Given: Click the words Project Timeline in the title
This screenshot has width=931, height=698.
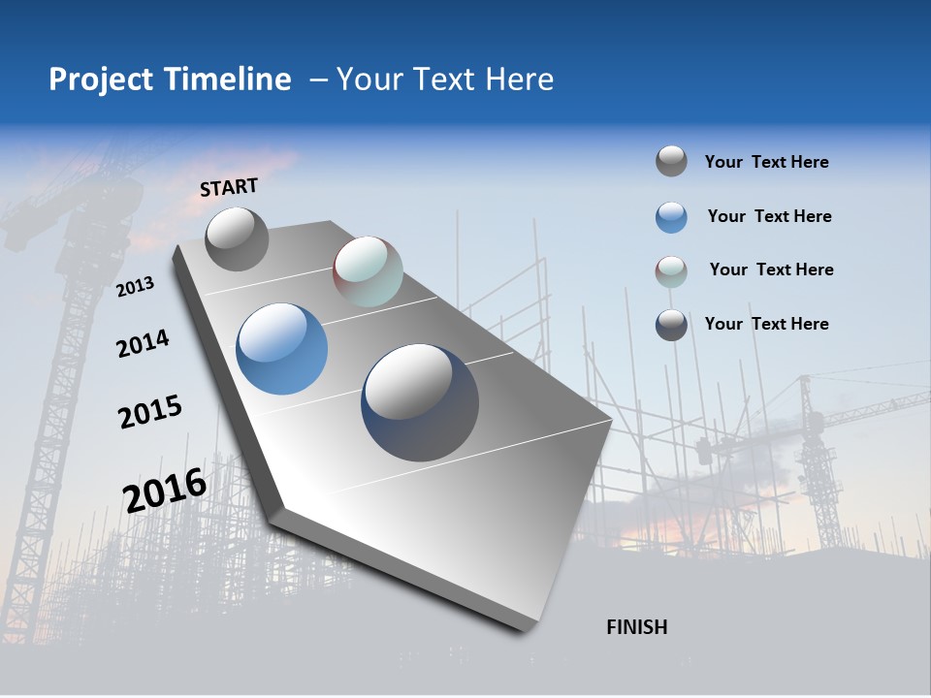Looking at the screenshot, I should click(170, 79).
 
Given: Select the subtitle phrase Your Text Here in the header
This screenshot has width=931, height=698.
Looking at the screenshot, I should click(444, 79).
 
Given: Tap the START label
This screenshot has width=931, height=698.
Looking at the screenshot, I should click(229, 187).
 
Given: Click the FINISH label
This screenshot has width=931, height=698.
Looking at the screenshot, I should click(636, 627).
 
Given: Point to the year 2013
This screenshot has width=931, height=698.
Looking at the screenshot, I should click(135, 286).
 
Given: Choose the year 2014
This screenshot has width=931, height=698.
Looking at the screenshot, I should click(143, 343).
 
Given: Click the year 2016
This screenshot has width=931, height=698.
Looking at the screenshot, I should click(164, 490).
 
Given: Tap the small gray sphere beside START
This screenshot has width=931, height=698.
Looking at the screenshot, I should click(237, 238).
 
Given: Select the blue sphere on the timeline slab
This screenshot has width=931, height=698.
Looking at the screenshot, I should click(281, 348).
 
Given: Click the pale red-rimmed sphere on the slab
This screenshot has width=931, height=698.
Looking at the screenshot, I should click(368, 271).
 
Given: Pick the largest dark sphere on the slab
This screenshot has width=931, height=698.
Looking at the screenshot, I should click(420, 402).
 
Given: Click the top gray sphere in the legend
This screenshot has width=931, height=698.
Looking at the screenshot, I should click(671, 161).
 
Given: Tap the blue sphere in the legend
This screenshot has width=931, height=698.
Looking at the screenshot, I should click(671, 217).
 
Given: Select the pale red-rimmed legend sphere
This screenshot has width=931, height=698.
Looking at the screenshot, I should click(671, 271).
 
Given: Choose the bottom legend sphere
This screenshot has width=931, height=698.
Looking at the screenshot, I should click(671, 325).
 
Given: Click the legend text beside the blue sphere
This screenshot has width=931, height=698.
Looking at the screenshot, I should click(769, 216).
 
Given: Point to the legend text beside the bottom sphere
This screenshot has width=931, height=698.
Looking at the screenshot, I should click(766, 324).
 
